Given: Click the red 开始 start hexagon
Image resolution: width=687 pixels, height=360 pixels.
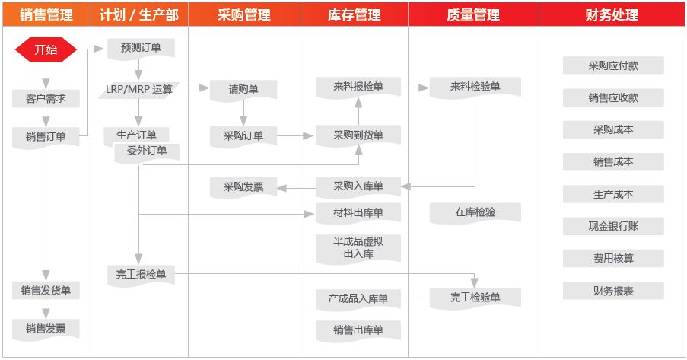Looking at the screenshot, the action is pos(46,49).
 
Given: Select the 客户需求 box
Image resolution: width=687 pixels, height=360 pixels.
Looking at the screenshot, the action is pos(46,99).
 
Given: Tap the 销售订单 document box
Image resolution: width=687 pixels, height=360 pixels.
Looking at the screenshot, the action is pos(46,137).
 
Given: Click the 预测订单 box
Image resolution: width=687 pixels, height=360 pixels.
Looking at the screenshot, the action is pos(141,48).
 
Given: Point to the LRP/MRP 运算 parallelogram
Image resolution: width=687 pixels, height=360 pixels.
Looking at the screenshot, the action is pos(139,90).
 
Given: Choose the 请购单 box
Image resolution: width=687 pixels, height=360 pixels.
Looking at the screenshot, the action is pos(243,90).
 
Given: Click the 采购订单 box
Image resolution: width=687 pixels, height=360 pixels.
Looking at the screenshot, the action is pos(243,136).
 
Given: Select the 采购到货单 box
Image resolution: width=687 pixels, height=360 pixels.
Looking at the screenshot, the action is pos(358,135).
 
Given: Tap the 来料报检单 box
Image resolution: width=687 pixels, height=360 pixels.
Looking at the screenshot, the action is pos(358,88).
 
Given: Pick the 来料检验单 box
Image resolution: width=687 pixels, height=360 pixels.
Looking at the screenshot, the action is pos(475,88).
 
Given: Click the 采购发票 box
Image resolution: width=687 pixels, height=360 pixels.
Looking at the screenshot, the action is pos(243,187).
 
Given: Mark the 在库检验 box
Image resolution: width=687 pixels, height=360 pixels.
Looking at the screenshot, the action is pos(475,213).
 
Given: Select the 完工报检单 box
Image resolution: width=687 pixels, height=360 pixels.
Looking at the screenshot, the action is pos(141,276).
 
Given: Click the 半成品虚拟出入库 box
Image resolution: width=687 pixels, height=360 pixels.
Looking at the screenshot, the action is pos(358,249).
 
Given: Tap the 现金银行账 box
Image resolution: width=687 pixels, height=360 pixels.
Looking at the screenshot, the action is pos(613,226).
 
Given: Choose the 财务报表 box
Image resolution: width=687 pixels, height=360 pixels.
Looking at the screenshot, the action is pos(613,291).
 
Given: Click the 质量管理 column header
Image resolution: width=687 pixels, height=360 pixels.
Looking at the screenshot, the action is pos(473,15).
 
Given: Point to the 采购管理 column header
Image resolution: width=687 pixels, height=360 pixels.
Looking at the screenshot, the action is pos(244,15).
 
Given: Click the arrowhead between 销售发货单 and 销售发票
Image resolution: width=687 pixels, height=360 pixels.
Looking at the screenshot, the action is pos(46,314).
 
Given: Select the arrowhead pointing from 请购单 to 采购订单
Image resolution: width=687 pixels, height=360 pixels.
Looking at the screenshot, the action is pos(243,121).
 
